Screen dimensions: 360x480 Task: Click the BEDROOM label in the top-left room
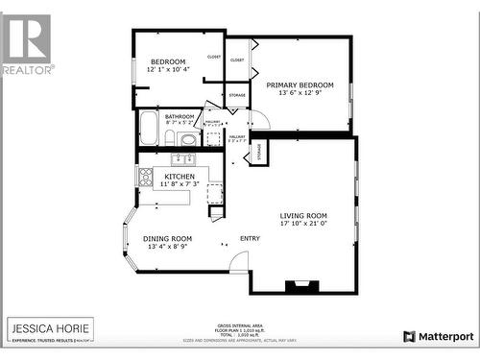[x=167, y=61]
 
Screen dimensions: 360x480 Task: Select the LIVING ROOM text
[x=303, y=216]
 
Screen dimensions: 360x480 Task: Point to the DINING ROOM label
[x=167, y=238]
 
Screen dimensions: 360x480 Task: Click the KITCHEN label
[x=180, y=177]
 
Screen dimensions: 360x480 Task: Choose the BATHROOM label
[x=180, y=116]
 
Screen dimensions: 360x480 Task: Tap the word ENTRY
[x=250, y=238]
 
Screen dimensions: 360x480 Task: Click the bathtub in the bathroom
[x=149, y=128]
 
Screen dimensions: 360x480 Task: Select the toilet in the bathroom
[x=170, y=138]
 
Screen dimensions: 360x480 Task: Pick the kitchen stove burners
[x=146, y=177]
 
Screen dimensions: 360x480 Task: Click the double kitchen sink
[x=184, y=158]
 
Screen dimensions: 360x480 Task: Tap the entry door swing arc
[x=239, y=261]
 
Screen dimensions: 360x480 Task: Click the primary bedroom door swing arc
[x=260, y=119]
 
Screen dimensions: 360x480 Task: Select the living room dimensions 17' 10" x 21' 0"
[x=303, y=224]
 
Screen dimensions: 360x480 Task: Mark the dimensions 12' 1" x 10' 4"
[x=167, y=69]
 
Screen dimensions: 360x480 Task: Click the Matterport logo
[x=439, y=336]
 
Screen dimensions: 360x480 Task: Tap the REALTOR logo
[x=27, y=43]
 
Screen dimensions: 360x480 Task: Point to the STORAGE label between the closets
[x=236, y=95]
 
